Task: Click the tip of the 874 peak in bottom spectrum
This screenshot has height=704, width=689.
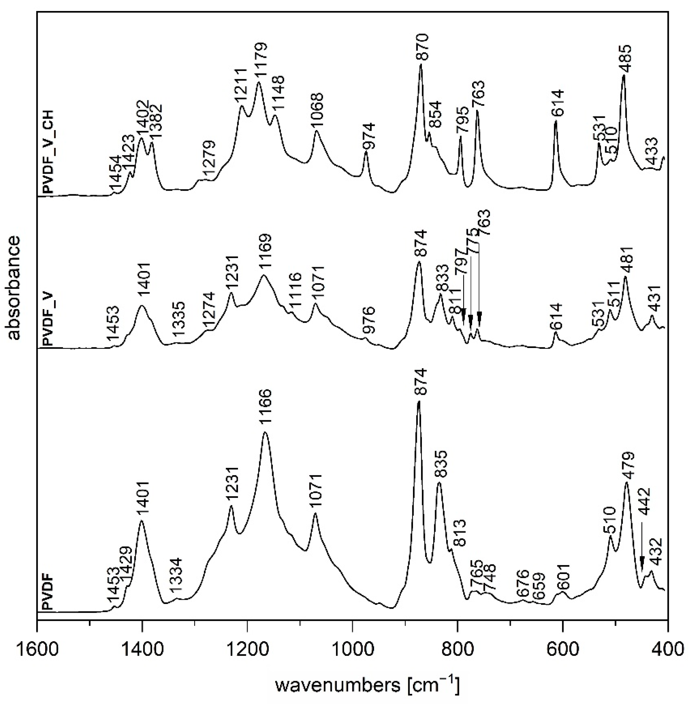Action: [419, 402]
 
